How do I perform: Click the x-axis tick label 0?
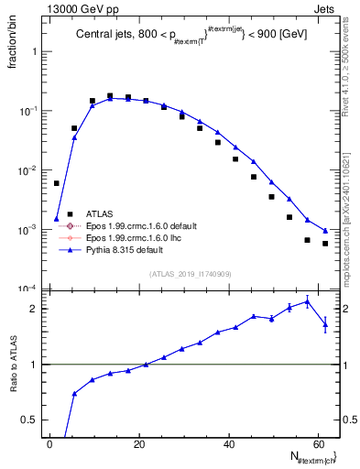(x=49, y=444)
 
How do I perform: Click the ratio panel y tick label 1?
(x=36, y=365)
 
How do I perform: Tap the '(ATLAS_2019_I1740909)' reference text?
(x=190, y=273)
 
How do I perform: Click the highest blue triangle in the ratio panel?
(x=308, y=300)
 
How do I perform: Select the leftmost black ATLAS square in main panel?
(x=56, y=183)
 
